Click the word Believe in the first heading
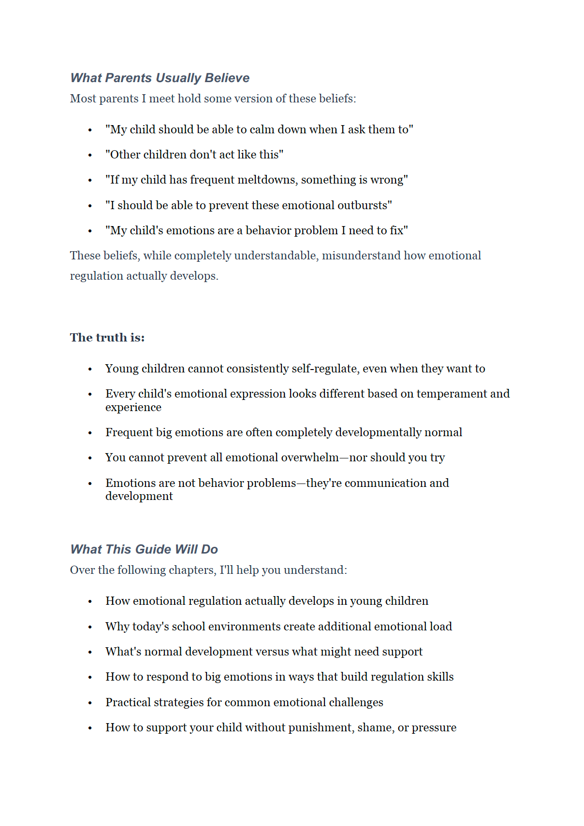pos(227,78)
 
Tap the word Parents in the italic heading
pos(129,78)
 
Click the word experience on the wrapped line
pos(133,407)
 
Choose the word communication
pos(385,483)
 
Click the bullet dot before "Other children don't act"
pos(90,155)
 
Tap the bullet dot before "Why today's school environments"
pos(90,627)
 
